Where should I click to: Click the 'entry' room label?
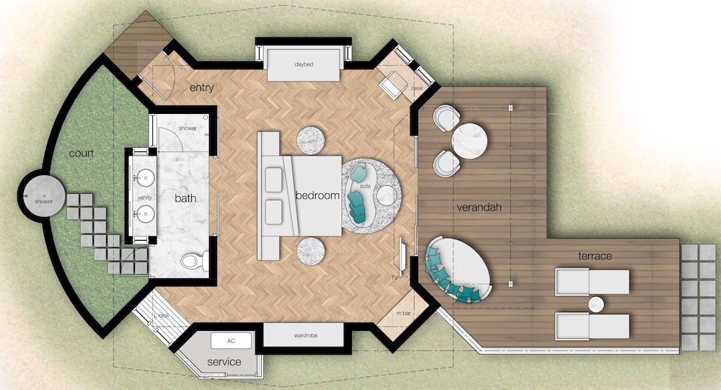click(201, 87)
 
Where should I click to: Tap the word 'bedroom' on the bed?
click(317, 195)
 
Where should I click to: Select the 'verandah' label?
click(479, 207)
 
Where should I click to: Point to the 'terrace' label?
click(595, 256)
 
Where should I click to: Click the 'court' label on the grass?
click(81, 153)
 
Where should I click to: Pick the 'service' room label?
click(224, 362)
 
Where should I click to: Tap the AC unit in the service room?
click(231, 341)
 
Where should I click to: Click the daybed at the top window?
click(304, 65)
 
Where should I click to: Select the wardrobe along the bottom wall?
click(304, 335)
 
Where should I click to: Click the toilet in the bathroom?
click(194, 261)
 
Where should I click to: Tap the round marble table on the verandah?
click(469, 141)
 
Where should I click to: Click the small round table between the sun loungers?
click(596, 304)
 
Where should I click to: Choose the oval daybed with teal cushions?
click(458, 269)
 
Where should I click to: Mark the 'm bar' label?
click(403, 313)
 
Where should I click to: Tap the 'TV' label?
click(394, 278)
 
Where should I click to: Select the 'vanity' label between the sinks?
click(145, 198)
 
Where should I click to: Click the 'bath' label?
click(185, 198)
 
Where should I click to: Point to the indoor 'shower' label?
click(187, 128)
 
